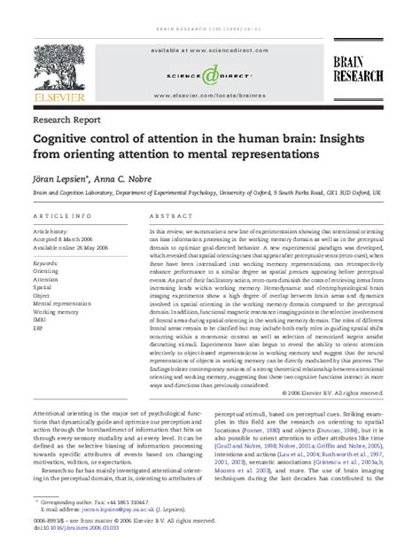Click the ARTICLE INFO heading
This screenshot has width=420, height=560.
[60, 216]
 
